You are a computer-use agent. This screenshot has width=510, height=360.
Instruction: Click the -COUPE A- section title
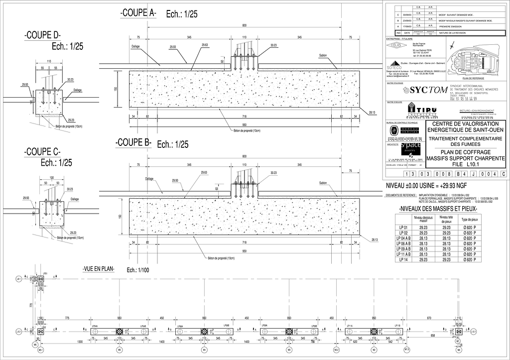(x=138, y=14)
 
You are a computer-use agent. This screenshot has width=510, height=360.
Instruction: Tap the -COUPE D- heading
(x=42, y=35)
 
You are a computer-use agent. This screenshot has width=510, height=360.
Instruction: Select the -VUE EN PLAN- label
(x=98, y=269)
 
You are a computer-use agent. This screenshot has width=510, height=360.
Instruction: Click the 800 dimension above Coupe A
(x=244, y=25)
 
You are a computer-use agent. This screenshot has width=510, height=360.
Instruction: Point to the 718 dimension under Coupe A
(x=244, y=116)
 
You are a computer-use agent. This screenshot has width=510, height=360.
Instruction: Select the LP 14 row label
(x=403, y=259)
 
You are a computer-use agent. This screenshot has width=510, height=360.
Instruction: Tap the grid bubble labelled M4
(x=204, y=350)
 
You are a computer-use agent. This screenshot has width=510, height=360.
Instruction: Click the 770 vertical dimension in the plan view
(x=30, y=305)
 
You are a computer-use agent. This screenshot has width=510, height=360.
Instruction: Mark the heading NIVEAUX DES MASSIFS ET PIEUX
(x=438, y=209)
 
